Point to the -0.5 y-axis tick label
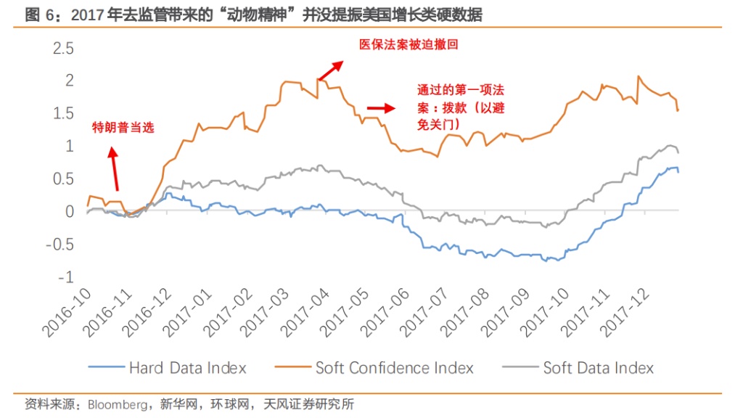pyautogui.click(x=60, y=245)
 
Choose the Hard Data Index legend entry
pyautogui.click(x=187, y=368)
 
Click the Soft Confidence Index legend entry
pyautogui.click(x=394, y=368)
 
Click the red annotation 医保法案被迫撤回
pyautogui.click(x=410, y=44)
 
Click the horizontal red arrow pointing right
pyautogui.click(x=379, y=108)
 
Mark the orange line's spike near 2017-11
pyautogui.click(x=638, y=77)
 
